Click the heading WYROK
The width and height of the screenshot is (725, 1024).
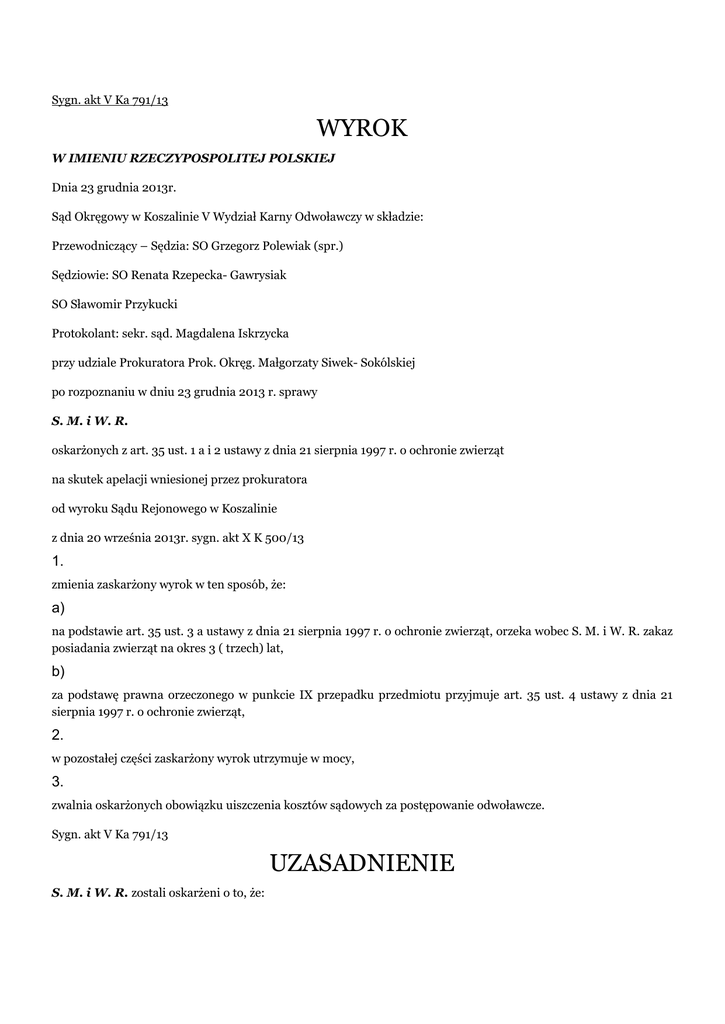[362, 128]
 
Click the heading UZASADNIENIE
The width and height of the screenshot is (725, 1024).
[362, 863]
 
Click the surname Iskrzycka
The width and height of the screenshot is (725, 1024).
[252, 333]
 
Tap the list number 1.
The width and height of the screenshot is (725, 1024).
[57, 561]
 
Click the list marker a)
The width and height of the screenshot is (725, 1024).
[58, 608]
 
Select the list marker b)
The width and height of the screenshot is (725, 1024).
[58, 670]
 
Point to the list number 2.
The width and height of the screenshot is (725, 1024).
[57, 735]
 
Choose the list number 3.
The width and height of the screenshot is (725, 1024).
[57, 781]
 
